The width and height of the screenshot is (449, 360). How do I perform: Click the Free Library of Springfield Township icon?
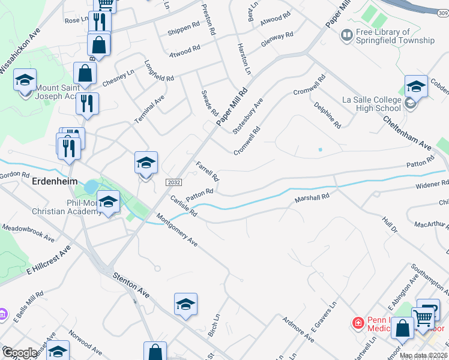(346, 36)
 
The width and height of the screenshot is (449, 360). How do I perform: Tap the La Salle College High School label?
(371, 104)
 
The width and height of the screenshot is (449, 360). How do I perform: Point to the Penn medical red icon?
(358, 323)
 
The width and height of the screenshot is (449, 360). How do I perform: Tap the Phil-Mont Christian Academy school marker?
(108, 202)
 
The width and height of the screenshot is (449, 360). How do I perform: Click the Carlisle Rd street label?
(183, 205)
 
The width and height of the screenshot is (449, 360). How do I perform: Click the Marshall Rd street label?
(312, 197)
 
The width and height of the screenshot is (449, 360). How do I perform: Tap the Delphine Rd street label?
(328, 115)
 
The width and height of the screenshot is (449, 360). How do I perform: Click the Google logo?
(20, 352)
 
